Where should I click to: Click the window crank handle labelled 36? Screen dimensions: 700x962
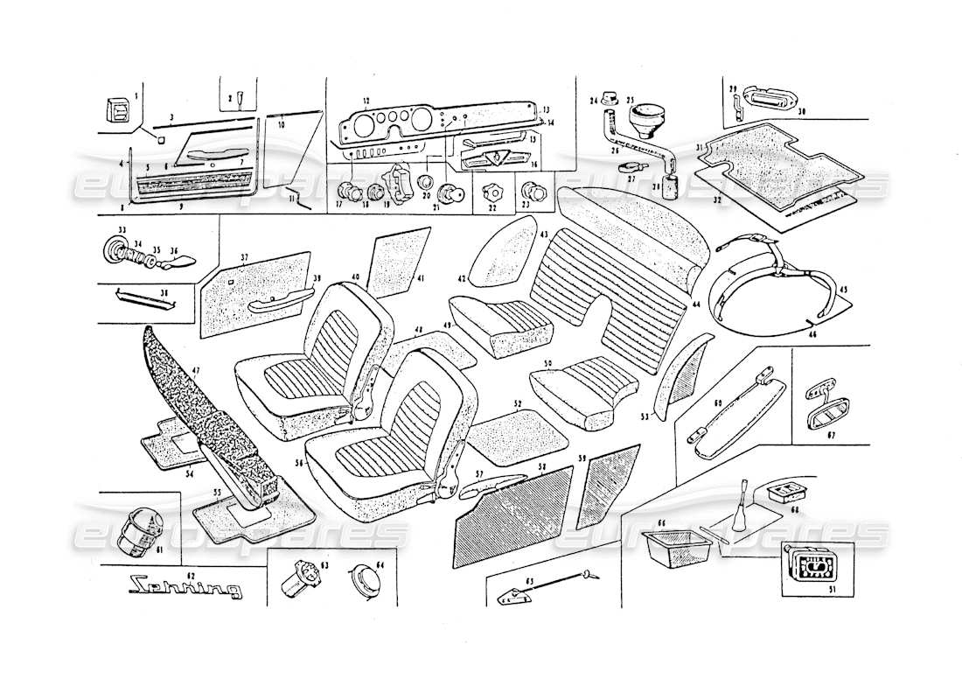185,257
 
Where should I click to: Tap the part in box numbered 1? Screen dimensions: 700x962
115,111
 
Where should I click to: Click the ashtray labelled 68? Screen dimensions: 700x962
780,493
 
